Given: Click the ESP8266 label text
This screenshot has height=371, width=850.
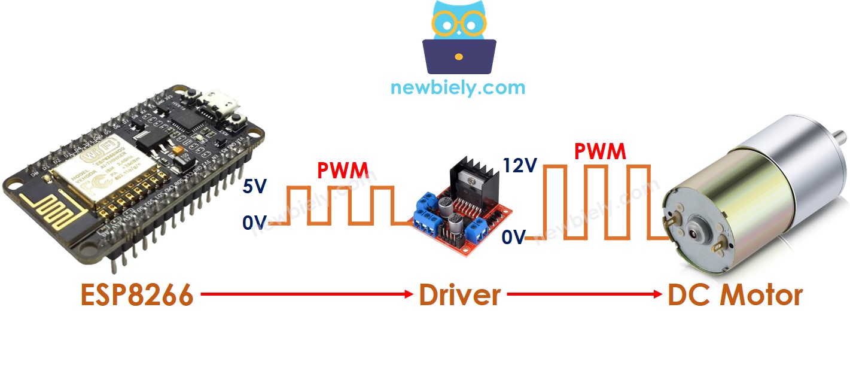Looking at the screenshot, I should (137, 296).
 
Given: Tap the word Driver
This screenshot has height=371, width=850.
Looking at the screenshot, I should (459, 295).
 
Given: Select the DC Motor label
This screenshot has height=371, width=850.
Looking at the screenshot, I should (735, 295).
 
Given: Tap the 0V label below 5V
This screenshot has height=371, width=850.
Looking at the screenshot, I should (254, 223).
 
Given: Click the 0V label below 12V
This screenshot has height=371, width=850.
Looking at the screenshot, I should (513, 238).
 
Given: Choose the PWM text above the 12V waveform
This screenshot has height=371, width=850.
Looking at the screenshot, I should (599, 151).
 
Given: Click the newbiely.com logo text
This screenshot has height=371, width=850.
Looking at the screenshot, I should (458, 88).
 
